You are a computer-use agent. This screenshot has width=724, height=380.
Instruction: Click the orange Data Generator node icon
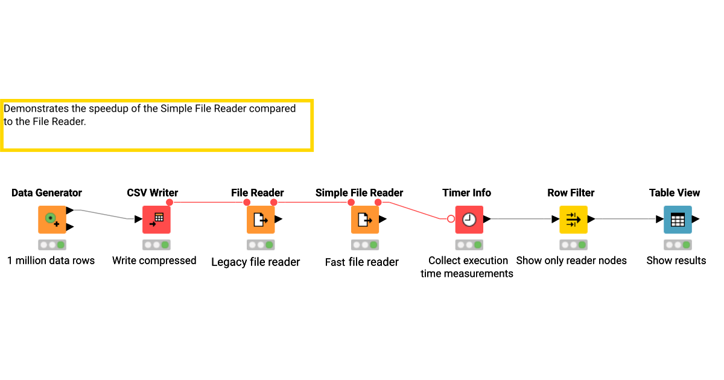(x=52, y=220)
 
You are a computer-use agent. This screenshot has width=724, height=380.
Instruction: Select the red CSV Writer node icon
(x=156, y=220)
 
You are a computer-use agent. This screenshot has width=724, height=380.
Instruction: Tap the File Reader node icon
(x=261, y=220)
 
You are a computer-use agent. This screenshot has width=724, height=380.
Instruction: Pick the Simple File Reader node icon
(x=365, y=220)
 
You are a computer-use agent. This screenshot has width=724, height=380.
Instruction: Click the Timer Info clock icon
(x=469, y=220)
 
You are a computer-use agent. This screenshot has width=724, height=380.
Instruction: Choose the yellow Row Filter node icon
(x=573, y=220)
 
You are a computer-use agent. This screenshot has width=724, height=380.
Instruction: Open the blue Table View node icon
(x=678, y=220)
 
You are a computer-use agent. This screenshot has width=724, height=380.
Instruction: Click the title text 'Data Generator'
(x=46, y=193)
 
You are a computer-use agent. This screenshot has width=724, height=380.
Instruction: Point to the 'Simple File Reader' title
(x=359, y=193)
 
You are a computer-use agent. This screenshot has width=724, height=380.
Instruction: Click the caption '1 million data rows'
(x=51, y=261)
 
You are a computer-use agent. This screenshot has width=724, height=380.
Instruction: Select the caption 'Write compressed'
(x=154, y=261)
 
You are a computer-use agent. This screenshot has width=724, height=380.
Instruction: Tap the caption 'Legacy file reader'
(x=256, y=262)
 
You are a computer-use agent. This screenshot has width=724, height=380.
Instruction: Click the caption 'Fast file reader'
(x=362, y=262)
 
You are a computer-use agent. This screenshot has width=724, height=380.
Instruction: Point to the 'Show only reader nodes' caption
(x=571, y=261)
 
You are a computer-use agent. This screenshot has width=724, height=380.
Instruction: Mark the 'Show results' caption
(x=676, y=261)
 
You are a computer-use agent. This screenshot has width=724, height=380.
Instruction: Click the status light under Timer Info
(x=469, y=245)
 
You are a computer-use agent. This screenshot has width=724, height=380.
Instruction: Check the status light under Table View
(x=678, y=245)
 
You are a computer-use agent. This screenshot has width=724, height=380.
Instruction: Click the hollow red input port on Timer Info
(x=451, y=219)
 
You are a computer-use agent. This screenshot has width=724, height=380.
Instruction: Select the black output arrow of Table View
(x=696, y=219)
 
